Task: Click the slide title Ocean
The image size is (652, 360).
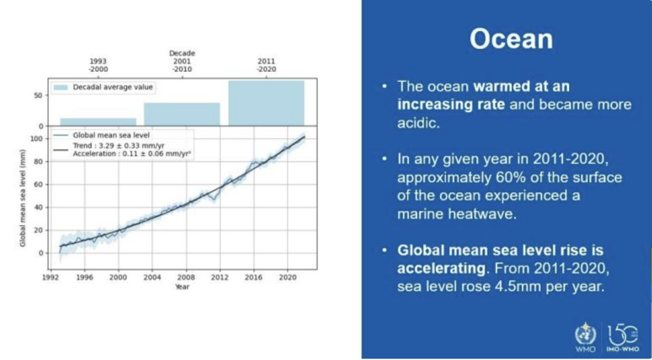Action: coord(511,39)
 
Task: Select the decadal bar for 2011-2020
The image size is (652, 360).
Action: coord(266,103)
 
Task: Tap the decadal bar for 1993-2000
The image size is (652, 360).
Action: coord(98,121)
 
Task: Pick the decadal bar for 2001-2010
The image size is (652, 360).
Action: coord(182,113)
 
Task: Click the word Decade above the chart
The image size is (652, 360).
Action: coord(182,53)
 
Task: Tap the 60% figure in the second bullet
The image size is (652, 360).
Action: coord(472,178)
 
